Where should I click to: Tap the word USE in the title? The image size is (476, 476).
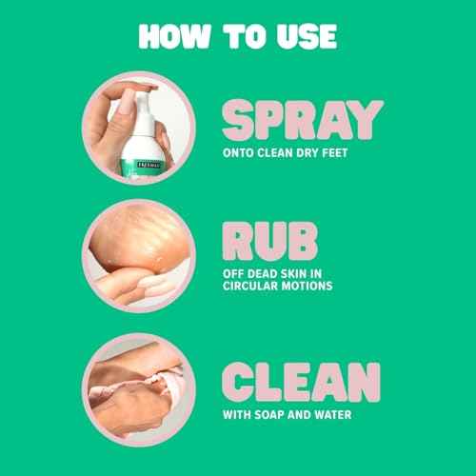coord(303,35)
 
